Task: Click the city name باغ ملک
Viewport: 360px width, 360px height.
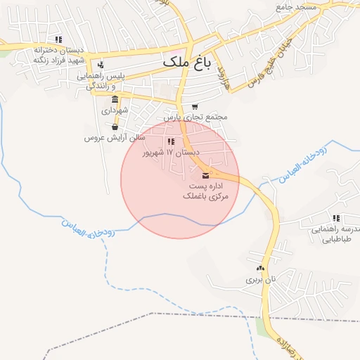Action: [186, 61]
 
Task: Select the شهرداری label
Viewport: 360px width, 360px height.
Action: [115, 110]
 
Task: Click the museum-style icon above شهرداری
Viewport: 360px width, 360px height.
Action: [115, 99]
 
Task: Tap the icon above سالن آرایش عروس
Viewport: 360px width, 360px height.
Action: [115, 127]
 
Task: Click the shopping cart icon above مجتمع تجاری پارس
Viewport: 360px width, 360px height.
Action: [195, 106]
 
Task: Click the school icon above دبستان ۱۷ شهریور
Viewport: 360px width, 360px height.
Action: [171, 141]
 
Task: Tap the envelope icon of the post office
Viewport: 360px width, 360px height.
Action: [205, 174]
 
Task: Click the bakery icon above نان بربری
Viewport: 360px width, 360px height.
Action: [261, 268]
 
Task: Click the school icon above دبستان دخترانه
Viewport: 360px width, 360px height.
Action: [59, 39]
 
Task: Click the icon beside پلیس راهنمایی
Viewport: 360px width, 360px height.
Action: [101, 64]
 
